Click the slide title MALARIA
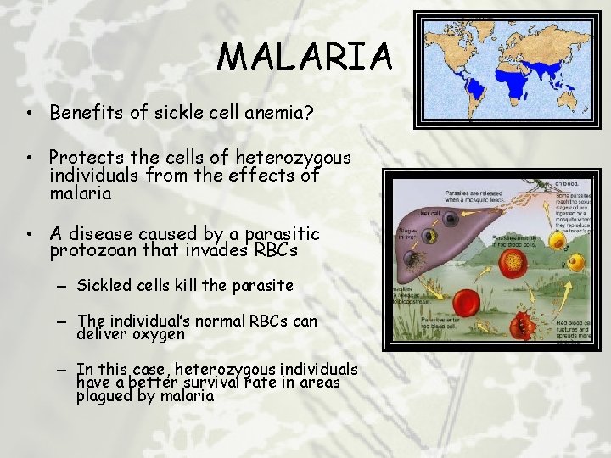305,57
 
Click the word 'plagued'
105,395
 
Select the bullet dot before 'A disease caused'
28,233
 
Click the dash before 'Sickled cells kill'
64,287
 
